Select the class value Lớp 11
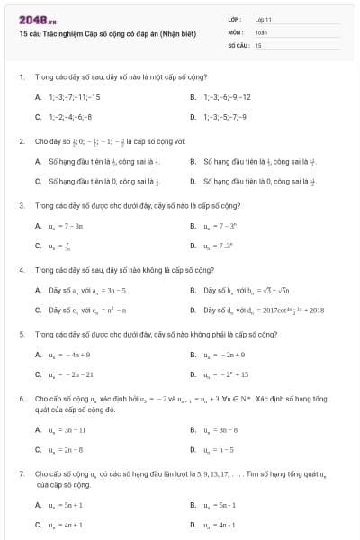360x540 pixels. pyautogui.click(x=264, y=19)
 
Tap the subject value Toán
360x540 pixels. pyautogui.click(x=262, y=31)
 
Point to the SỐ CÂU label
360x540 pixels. pyautogui.click(x=238, y=44)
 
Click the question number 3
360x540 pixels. pyautogui.click(x=21, y=205)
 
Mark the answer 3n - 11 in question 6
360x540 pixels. pyautogui.click(x=67, y=430)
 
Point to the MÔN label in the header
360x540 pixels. pyautogui.click(x=236, y=31)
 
